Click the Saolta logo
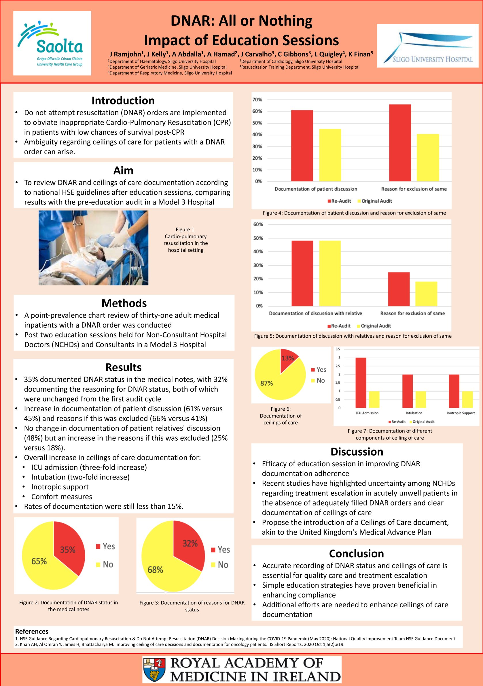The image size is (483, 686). click(x=52, y=43)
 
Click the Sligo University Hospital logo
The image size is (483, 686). click(x=427, y=46)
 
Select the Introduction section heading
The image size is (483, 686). click(x=123, y=101)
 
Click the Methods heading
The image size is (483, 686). click(x=124, y=303)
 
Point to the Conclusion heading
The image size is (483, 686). click(x=357, y=554)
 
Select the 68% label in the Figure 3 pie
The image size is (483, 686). click(x=155, y=570)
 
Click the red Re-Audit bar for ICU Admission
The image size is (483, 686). click(x=361, y=382)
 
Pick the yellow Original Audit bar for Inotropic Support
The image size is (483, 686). click(x=467, y=399)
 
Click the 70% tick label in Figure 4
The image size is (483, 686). click(x=257, y=99)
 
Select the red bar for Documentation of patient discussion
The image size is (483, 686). click(x=302, y=146)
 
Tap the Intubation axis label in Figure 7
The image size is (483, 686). click(x=414, y=413)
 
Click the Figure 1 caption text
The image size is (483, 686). click(x=186, y=240)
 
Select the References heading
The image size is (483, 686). click(x=32, y=631)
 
